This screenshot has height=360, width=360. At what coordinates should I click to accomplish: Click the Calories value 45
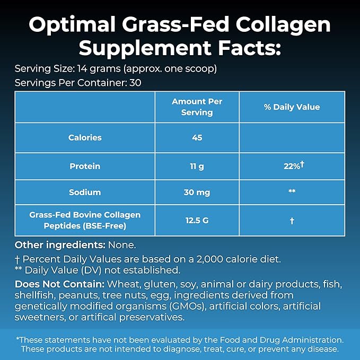[x=197, y=138]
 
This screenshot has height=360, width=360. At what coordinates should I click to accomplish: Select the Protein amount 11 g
[x=197, y=166]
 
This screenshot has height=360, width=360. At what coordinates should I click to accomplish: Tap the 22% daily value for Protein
[x=292, y=166]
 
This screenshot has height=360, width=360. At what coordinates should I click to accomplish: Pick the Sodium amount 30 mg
[x=197, y=192]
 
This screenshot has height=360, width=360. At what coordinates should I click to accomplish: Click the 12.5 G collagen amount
[x=197, y=221]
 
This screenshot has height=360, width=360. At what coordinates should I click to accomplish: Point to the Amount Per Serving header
[x=197, y=107]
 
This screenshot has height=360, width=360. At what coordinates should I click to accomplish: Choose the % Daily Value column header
[x=292, y=107]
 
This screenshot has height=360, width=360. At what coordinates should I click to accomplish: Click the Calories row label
[x=85, y=138]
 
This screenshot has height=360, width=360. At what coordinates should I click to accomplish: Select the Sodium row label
[x=85, y=192]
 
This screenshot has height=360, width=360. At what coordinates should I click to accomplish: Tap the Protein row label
[x=85, y=166]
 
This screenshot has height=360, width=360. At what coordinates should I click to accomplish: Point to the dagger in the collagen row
[x=292, y=221]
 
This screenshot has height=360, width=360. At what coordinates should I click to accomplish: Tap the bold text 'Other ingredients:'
[x=60, y=245]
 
